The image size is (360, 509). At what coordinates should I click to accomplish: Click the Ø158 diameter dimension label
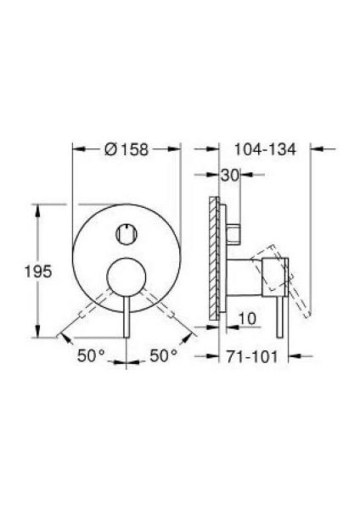pos(127,149)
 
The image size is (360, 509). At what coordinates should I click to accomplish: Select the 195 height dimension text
pos(40,271)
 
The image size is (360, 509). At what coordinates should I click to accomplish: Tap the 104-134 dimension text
pos(264,149)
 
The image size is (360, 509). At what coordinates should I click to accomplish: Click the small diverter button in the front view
pos(127,230)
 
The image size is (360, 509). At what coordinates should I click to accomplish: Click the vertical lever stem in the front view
pos(127,314)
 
